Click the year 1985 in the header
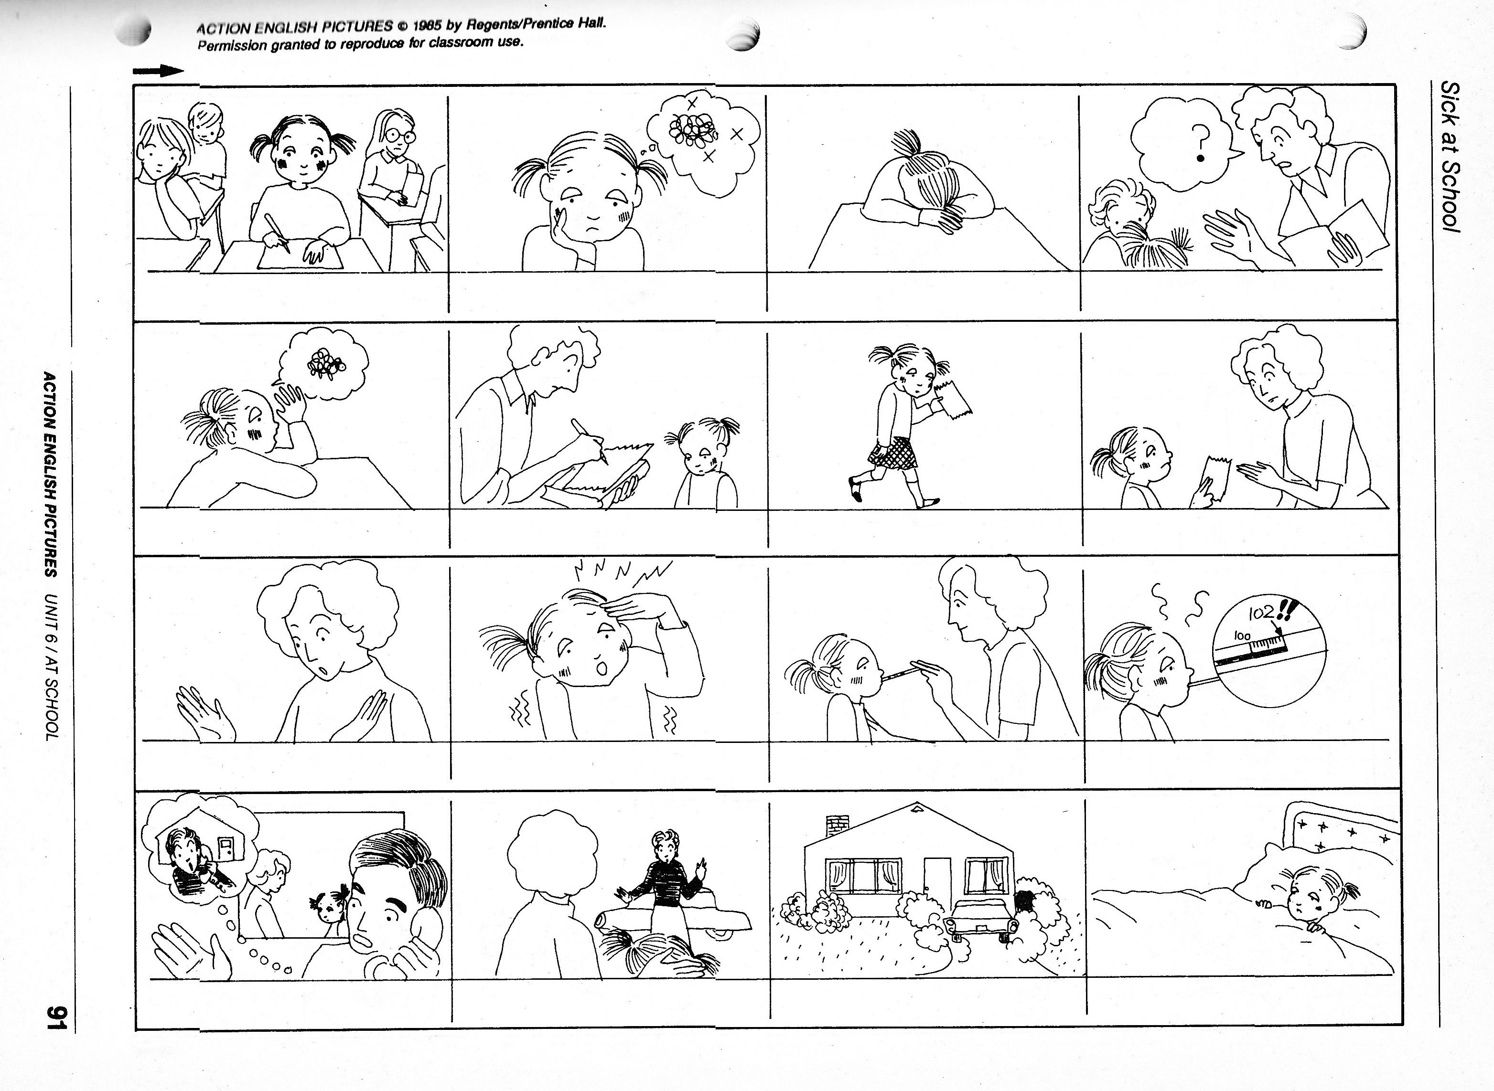pos(424,26)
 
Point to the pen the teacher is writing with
pos(590,441)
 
